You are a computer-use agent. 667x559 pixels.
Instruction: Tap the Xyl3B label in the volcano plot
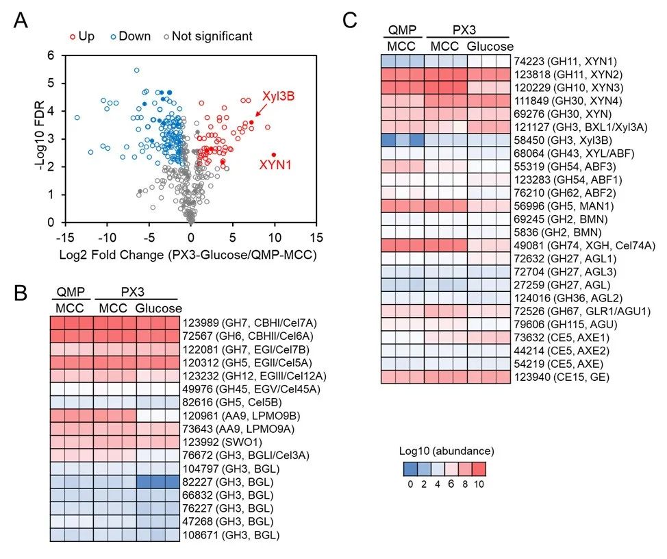point(276,97)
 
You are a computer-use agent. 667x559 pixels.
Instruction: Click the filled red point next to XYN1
point(274,155)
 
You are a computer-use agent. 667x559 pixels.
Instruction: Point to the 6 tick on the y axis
point(50,55)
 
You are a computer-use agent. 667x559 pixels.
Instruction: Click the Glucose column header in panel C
point(489,46)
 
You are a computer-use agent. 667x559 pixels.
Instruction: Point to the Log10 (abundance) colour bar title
point(446,451)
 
